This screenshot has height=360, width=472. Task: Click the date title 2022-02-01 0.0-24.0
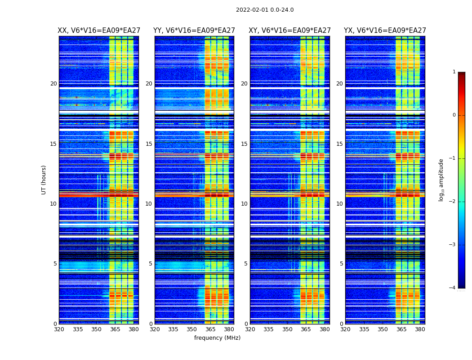coord(265,10)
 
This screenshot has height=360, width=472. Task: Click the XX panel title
coord(98,31)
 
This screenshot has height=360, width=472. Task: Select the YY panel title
coord(194,31)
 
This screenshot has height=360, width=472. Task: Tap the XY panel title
coord(290,31)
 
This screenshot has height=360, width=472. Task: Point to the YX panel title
coord(385,31)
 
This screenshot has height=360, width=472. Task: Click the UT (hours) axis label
coord(44,180)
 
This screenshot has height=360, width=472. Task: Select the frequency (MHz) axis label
coord(217,338)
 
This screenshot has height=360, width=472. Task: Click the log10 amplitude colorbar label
coord(441,180)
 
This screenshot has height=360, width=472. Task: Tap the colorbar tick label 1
coord(454,72)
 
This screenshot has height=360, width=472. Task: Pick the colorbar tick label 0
coord(454,115)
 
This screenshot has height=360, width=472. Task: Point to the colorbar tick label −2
coord(453,202)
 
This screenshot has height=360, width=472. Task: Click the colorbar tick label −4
coord(453,288)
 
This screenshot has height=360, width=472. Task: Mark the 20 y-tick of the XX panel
coord(53,84)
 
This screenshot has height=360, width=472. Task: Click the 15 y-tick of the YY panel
coord(149,144)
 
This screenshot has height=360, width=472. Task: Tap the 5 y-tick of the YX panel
coord(341,264)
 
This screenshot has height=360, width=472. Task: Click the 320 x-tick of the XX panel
coord(59,329)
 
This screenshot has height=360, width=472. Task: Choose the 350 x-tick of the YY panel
coord(192,329)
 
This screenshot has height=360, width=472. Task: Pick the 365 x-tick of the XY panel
coord(306,329)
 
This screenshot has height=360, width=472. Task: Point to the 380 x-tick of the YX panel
coord(420,329)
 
